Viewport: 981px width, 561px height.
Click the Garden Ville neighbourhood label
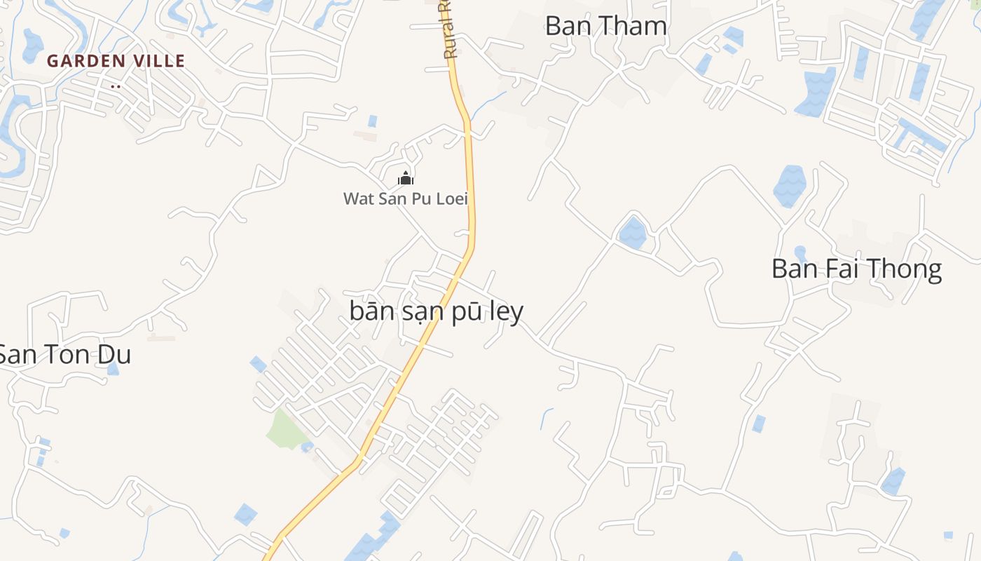[116, 61]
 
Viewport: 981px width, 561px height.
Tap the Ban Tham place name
[605, 26]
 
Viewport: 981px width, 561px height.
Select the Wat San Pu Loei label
[405, 198]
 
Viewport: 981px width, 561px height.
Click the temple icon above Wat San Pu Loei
[405, 178]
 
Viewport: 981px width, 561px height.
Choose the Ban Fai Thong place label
[856, 269]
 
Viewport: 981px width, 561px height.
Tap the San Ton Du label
[64, 355]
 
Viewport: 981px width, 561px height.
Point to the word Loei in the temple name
[452, 198]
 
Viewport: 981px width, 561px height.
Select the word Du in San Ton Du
[116, 355]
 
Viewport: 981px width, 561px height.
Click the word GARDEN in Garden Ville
[86, 61]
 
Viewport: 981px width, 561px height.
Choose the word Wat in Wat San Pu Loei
[356, 198]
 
